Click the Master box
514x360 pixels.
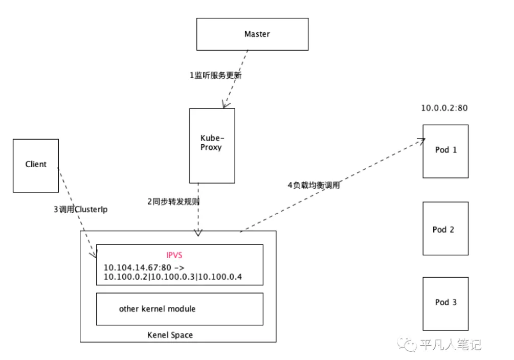pyautogui.click(x=253, y=34)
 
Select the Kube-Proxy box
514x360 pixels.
pyautogui.click(x=212, y=145)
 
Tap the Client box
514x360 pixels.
pyautogui.click(x=36, y=165)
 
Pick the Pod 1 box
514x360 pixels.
pyautogui.click(x=445, y=151)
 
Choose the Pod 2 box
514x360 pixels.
pyautogui.click(x=445, y=229)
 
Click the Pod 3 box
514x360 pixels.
pyautogui.click(x=445, y=302)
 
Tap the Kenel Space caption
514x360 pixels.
pyautogui.click(x=170, y=335)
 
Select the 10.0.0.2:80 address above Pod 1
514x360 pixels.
pyautogui.click(x=444, y=108)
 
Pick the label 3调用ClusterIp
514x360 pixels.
pyautogui.click(x=80, y=209)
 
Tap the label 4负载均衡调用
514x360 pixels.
pyautogui.click(x=313, y=186)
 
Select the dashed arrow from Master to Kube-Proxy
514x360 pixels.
pyautogui.click(x=237, y=79)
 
